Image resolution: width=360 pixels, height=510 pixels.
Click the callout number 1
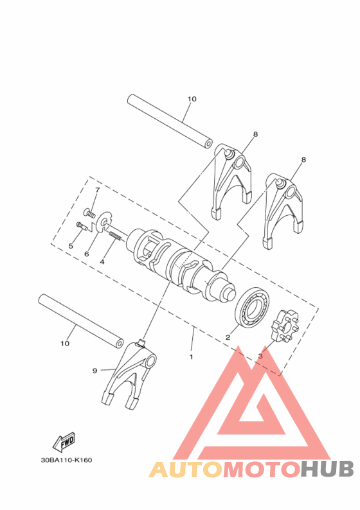click(x=190, y=355)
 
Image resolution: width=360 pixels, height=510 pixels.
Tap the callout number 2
click(x=227, y=337)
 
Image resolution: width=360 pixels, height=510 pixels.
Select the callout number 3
click(x=260, y=355)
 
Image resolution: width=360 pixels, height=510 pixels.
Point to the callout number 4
click(x=102, y=262)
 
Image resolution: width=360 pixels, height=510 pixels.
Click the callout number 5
click(x=71, y=246)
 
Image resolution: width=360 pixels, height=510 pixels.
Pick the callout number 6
click(x=86, y=254)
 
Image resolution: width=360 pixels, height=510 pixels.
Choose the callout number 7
click(x=98, y=190)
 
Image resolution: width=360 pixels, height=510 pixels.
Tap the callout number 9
click(x=94, y=371)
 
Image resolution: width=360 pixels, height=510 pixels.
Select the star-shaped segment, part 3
click(x=283, y=324)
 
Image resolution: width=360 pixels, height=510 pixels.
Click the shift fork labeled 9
click(x=132, y=379)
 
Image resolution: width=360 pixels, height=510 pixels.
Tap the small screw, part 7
click(x=89, y=212)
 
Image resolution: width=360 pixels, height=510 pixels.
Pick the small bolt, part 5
click(x=82, y=225)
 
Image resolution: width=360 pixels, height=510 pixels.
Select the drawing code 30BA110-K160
click(x=66, y=460)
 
